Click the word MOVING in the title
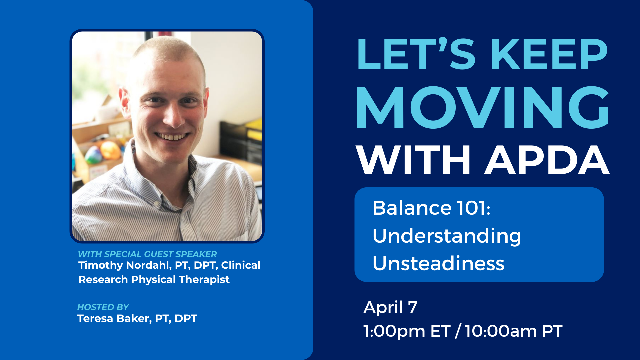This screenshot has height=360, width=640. tap(483, 107)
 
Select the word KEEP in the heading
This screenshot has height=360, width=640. tap(549, 54)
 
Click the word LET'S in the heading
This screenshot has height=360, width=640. tap(416, 54)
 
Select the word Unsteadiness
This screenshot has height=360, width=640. tap(438, 263)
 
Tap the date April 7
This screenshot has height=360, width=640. tap(390, 307)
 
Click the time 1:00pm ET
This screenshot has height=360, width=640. tap(407, 331)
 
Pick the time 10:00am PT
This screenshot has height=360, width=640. tap(514, 331)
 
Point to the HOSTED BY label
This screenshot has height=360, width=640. tap(103, 307)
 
